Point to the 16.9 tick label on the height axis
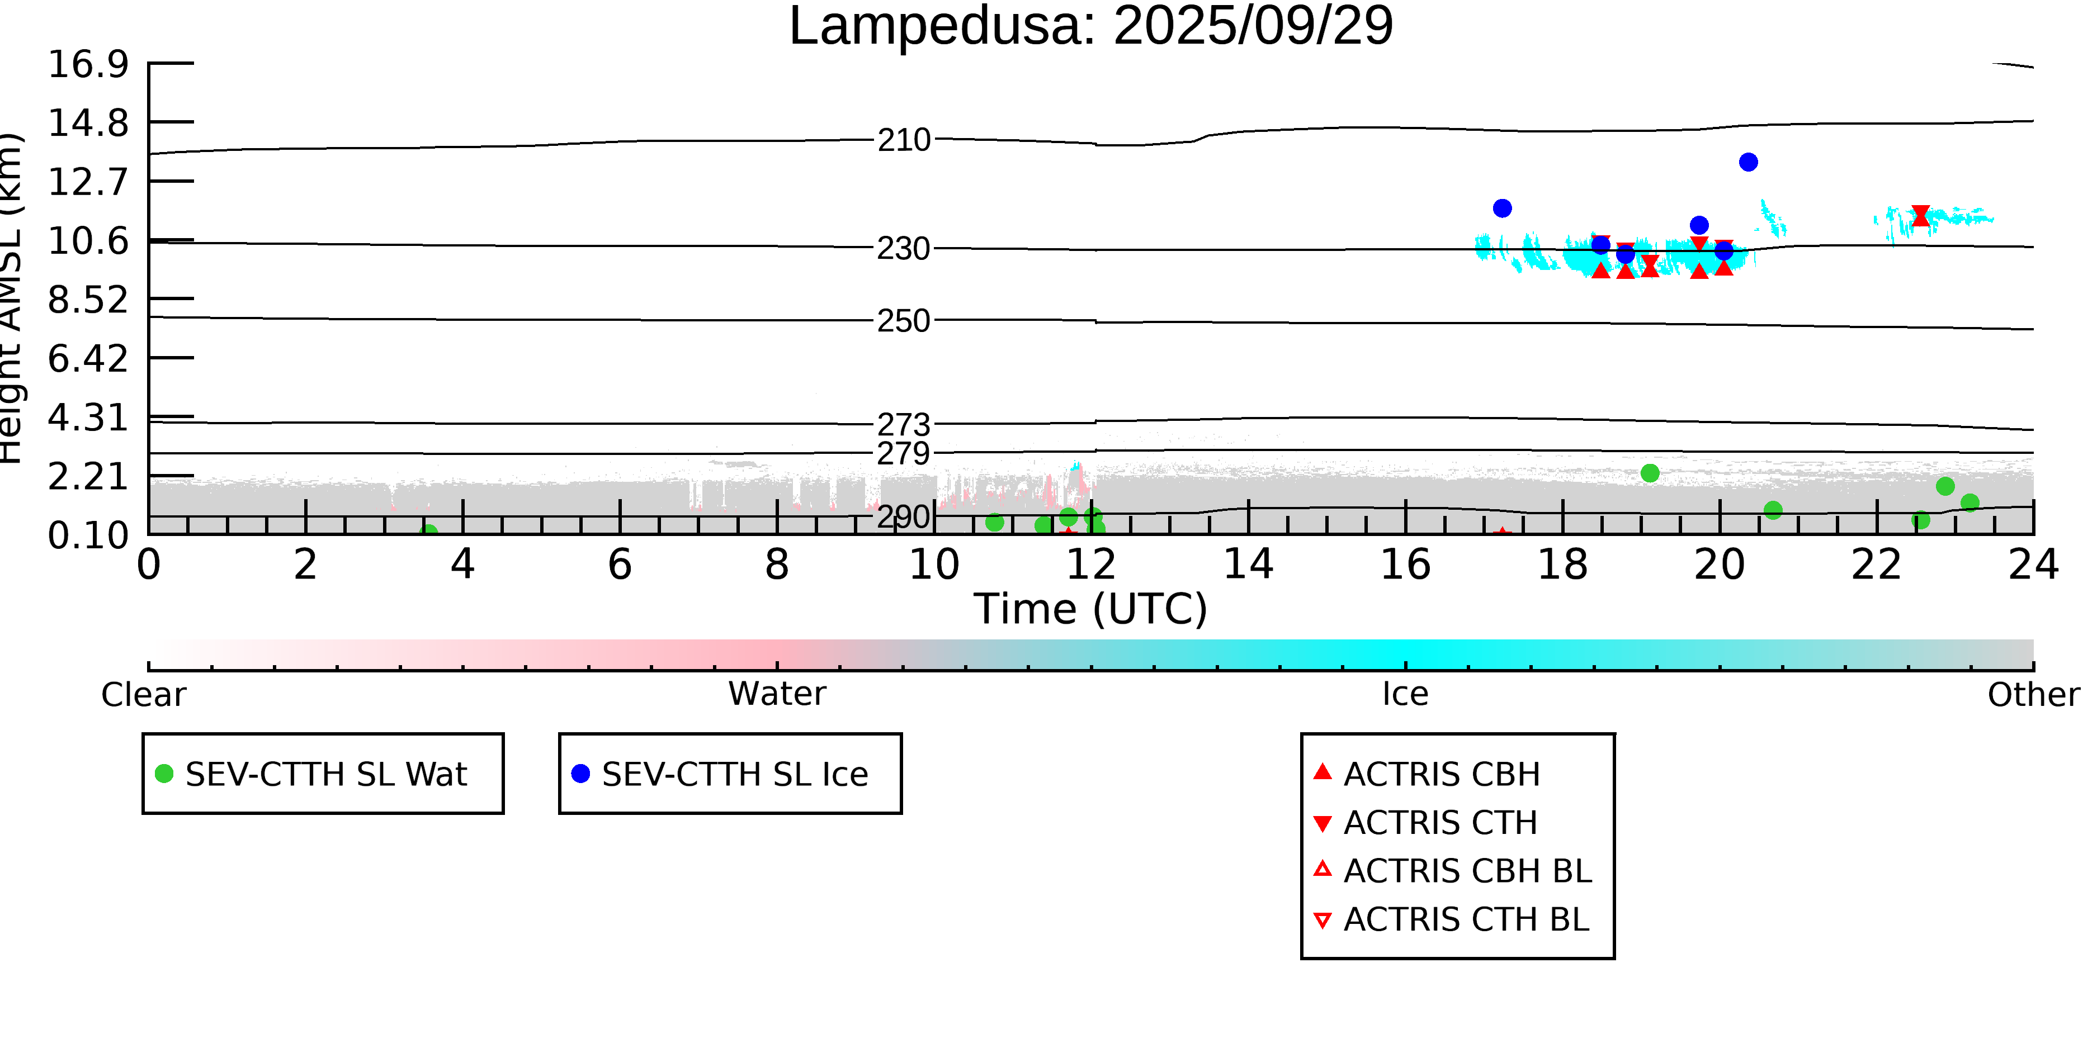point(88,64)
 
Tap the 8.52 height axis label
point(88,300)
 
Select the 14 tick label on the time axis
point(1248,565)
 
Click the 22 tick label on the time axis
point(1876,565)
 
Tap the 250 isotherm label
point(904,321)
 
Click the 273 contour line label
point(904,424)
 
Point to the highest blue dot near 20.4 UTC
point(1747,163)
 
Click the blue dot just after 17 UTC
point(1502,208)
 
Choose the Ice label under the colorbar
point(1405,694)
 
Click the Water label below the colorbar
point(777,694)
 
